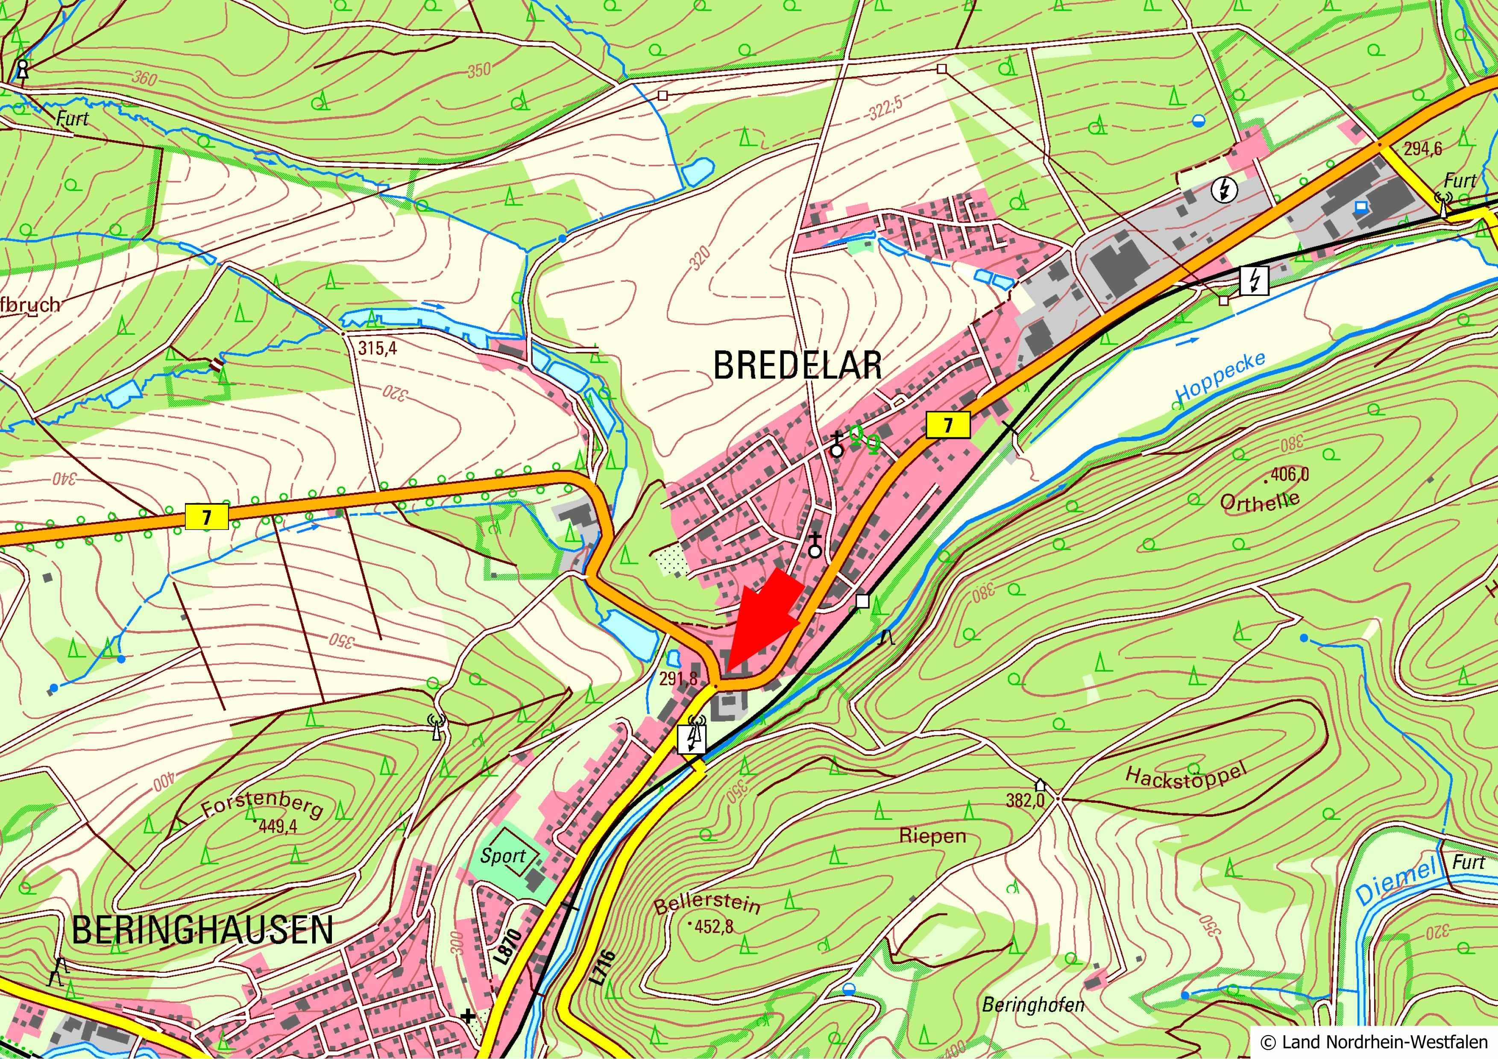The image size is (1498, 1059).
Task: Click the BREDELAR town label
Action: tap(797, 365)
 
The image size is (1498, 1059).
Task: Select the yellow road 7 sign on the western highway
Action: tap(207, 517)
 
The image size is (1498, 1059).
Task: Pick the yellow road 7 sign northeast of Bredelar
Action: tap(948, 425)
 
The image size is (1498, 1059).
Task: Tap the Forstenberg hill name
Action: tap(262, 808)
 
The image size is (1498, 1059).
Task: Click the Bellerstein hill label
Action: tap(706, 903)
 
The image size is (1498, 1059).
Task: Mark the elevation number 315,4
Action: tap(377, 348)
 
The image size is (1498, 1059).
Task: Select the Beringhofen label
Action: tap(1033, 1005)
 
